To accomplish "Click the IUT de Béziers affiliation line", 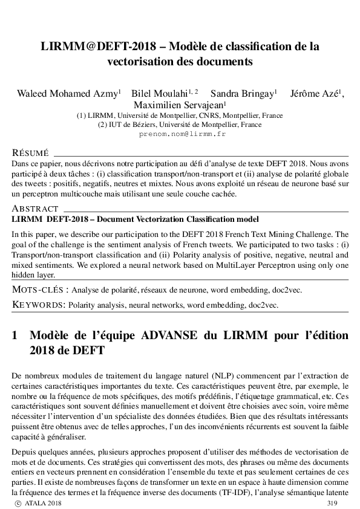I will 179,125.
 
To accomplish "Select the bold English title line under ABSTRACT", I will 135,219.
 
